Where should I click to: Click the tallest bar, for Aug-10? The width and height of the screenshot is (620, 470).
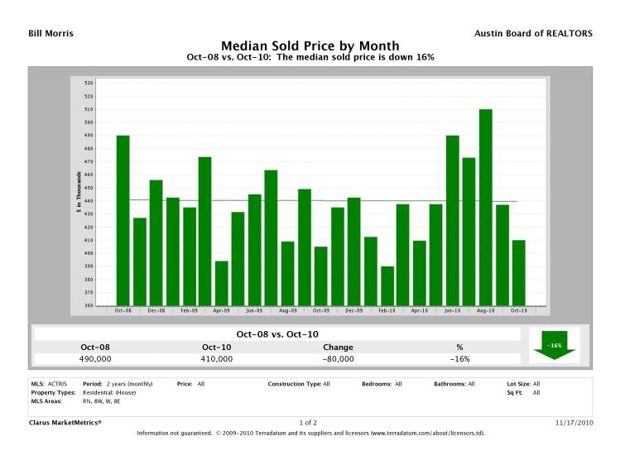[486, 207]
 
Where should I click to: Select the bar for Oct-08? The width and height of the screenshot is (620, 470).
[123, 220]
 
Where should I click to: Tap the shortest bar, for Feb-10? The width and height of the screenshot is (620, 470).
[387, 285]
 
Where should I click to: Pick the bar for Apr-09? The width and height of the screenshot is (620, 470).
[222, 283]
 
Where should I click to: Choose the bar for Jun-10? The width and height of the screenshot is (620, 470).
[453, 220]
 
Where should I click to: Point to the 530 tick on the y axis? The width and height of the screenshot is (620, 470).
[89, 83]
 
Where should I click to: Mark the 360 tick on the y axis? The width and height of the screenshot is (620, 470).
[89, 305]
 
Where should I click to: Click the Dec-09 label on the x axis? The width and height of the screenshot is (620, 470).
[354, 311]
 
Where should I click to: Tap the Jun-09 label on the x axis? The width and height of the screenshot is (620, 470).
[255, 311]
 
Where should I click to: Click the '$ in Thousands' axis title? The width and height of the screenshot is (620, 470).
[77, 194]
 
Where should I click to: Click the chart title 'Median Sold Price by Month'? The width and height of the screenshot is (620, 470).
[310, 46]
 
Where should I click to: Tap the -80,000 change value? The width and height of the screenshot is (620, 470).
[338, 359]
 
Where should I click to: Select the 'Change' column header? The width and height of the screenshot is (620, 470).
[338, 347]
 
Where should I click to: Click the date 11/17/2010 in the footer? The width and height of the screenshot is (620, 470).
[574, 422]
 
